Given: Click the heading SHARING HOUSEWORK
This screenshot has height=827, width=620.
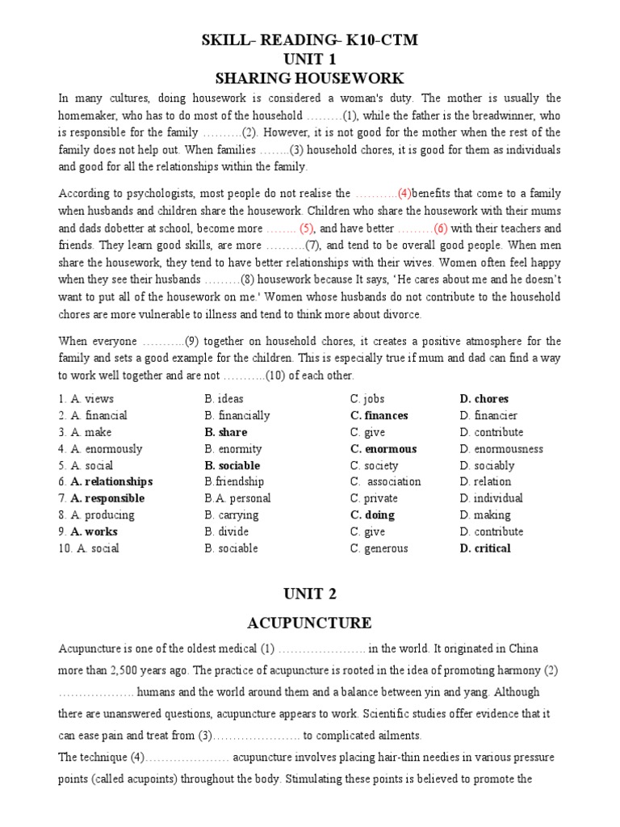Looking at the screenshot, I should pyautogui.click(x=309, y=78).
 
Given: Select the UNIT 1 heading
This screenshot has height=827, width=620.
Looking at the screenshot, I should pyautogui.click(x=309, y=59).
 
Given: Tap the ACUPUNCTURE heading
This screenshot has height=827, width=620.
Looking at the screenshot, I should pyautogui.click(x=309, y=622).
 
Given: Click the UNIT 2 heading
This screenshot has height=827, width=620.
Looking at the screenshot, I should pyautogui.click(x=309, y=594).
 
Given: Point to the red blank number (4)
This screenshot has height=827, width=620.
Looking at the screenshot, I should pyautogui.click(x=404, y=194).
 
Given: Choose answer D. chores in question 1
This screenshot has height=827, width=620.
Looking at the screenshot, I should pyautogui.click(x=484, y=399).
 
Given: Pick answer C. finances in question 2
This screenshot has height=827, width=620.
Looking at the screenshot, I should pyautogui.click(x=379, y=416).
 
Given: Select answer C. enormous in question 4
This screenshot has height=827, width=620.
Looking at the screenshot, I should pyautogui.click(x=383, y=449).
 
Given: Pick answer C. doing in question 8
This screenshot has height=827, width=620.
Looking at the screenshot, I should pyautogui.click(x=372, y=515).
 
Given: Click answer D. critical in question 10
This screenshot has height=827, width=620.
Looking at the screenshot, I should pyautogui.click(x=485, y=548).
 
